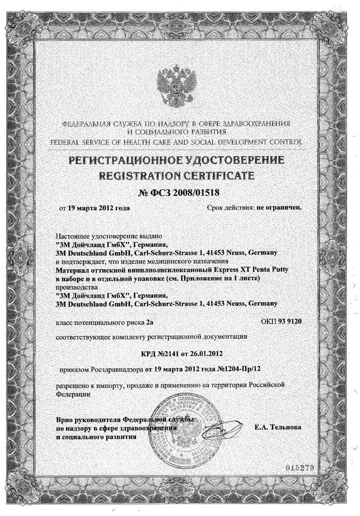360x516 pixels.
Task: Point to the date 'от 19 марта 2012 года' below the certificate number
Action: coord(94,208)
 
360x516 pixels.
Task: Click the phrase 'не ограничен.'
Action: coord(279,207)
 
